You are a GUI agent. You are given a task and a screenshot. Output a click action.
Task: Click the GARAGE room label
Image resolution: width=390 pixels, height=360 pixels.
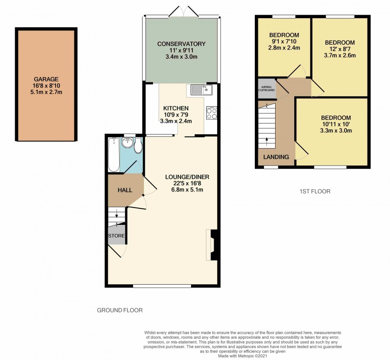[x=46, y=79]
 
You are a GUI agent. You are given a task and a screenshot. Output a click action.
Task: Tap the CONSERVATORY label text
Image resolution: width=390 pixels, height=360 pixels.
[x=181, y=44]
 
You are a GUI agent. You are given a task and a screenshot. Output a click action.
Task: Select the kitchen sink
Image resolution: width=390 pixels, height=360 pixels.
[x=201, y=90]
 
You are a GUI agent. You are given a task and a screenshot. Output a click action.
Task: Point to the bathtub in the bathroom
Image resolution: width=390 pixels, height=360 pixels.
[x=114, y=155]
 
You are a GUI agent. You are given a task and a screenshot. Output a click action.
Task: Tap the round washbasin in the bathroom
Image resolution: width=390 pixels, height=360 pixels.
[x=128, y=143]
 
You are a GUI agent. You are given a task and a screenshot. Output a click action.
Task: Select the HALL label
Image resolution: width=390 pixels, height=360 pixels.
[x=125, y=191]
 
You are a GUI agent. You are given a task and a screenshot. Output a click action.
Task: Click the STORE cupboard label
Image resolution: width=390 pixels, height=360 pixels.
[x=117, y=235]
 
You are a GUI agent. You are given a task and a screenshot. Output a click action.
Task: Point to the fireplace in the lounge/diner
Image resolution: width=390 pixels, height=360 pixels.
[x=212, y=245]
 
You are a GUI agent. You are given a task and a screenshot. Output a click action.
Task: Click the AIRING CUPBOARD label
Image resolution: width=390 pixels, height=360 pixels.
[x=266, y=88]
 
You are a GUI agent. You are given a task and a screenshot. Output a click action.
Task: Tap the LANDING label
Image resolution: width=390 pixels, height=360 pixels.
[x=276, y=157]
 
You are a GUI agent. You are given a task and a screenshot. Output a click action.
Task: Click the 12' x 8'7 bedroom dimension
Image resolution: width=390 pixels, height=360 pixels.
[x=340, y=49]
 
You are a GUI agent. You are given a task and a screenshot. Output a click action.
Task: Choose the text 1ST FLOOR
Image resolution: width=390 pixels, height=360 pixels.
[x=315, y=191]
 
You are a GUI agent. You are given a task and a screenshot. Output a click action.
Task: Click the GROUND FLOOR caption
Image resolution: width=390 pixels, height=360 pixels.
[x=120, y=310]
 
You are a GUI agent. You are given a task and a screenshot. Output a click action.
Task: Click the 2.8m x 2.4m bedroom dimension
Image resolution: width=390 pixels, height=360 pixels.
[x=284, y=48]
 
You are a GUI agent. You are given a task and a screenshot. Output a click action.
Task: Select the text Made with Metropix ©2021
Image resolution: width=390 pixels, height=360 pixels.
[x=243, y=356]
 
